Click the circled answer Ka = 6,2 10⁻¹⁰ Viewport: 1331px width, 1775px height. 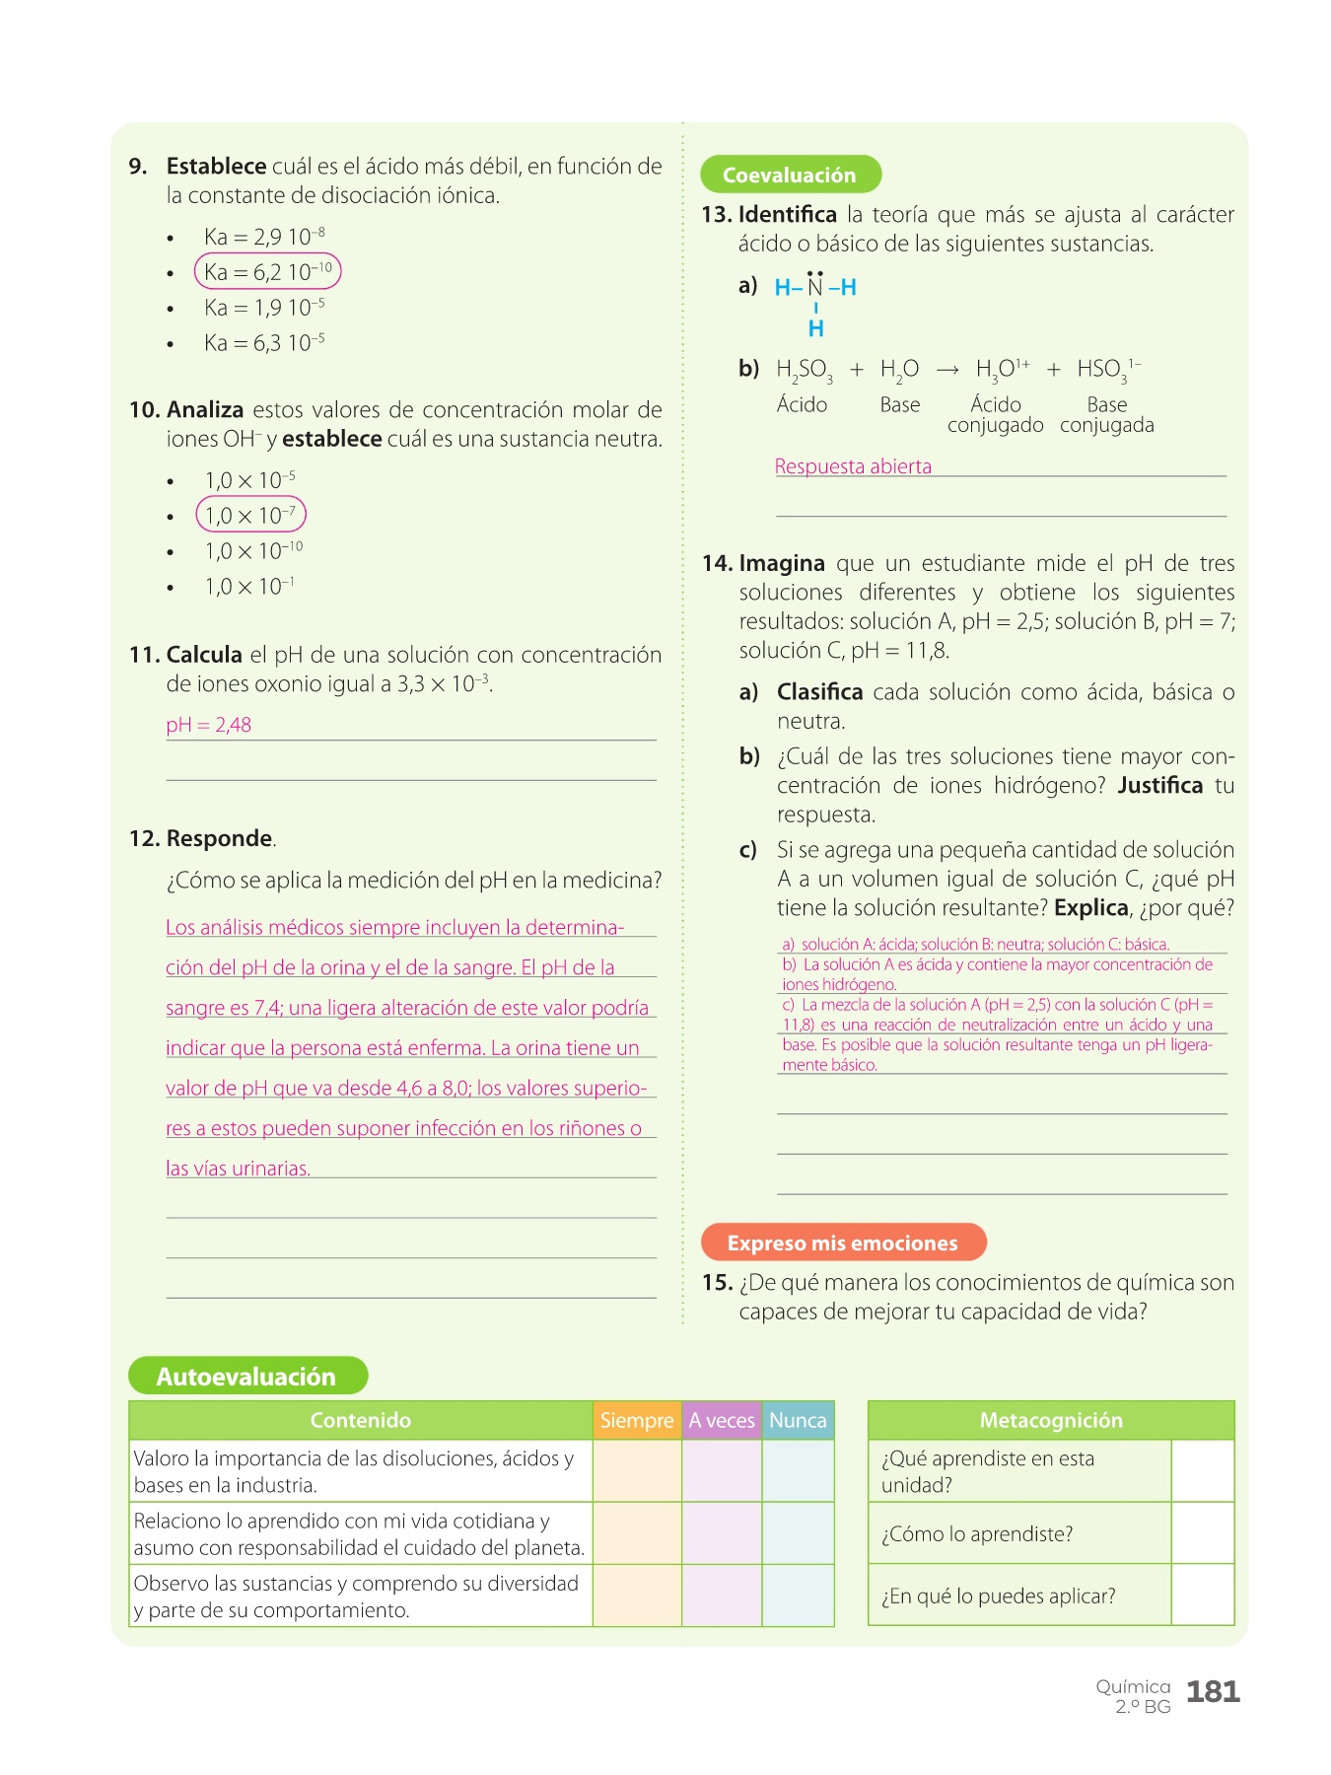[x=268, y=272]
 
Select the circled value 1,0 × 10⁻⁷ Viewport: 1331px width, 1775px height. [x=251, y=515]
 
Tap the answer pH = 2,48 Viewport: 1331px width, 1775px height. [x=209, y=725]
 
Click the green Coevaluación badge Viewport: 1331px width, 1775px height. [x=790, y=175]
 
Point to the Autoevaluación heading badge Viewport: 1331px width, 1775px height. [x=247, y=1376]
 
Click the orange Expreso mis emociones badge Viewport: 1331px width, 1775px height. [x=843, y=1242]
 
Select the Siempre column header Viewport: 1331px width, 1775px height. [x=637, y=1420]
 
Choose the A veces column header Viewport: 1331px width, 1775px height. [x=722, y=1420]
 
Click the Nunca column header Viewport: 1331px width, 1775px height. [x=798, y=1420]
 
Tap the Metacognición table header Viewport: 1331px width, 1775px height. [x=1051, y=1420]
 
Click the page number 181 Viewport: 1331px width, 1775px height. [x=1213, y=1692]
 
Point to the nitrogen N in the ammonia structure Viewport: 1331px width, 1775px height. [x=815, y=287]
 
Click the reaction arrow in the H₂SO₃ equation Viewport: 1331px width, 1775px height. [x=947, y=370]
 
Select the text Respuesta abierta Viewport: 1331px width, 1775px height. [x=853, y=466]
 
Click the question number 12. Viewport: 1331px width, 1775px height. [x=144, y=838]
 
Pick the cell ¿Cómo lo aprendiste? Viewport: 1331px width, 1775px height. [x=977, y=1533]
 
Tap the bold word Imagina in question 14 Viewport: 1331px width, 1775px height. [x=782, y=563]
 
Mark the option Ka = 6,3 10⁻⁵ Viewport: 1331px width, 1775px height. [x=264, y=343]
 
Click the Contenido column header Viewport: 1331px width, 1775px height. [x=361, y=1420]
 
